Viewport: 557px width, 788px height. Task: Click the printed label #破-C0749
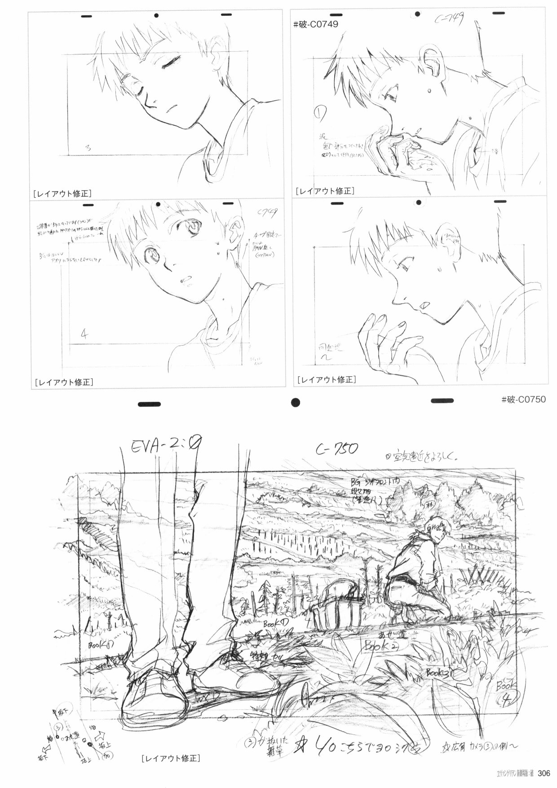315,24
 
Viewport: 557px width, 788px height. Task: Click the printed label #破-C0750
523,399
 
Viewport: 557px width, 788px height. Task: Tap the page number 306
544,774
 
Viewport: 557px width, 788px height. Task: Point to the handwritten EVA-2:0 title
166,448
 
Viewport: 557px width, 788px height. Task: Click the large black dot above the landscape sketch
295,402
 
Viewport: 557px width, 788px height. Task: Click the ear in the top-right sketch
429,61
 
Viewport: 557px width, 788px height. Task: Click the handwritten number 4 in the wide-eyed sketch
84,334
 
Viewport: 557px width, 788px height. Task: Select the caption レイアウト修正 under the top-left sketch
62,194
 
